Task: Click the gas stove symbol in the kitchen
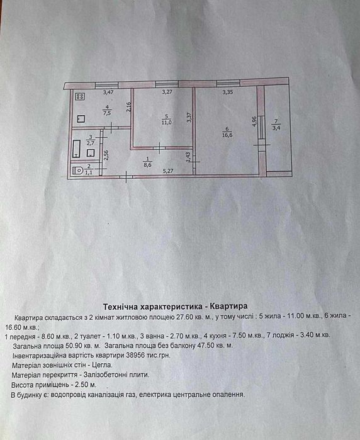pyautogui.click(x=81, y=96)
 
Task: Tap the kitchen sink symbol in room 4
pyautogui.click(x=81, y=119)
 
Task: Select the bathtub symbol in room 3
pyautogui.click(x=76, y=149)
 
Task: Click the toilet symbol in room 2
pyautogui.click(x=77, y=171)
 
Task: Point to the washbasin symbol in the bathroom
pyautogui.click(x=91, y=153)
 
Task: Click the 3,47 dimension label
pyautogui.click(x=108, y=92)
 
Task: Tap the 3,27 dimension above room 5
pyautogui.click(x=167, y=92)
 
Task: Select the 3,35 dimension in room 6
pyautogui.click(x=228, y=92)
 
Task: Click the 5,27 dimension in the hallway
pyautogui.click(x=168, y=171)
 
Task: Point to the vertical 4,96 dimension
pyautogui.click(x=255, y=121)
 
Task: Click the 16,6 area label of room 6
pyautogui.click(x=227, y=135)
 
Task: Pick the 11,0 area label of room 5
pyautogui.click(x=166, y=122)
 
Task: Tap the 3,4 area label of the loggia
pyautogui.click(x=276, y=128)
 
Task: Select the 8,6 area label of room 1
pyautogui.click(x=148, y=166)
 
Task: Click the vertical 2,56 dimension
pyautogui.click(x=106, y=155)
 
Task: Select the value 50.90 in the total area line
pyautogui.click(x=64, y=345)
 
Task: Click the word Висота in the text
pyautogui.click(x=22, y=385)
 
